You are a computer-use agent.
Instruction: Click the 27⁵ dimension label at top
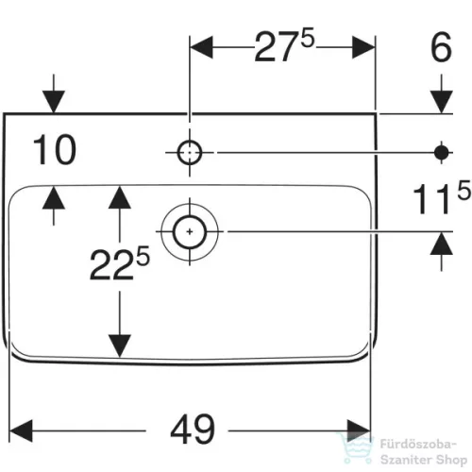pyautogui.click(x=284, y=45)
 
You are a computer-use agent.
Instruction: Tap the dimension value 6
pyautogui.click(x=441, y=47)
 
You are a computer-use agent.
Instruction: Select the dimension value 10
pyautogui.click(x=54, y=149)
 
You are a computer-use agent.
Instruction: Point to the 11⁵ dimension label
pyautogui.click(x=441, y=196)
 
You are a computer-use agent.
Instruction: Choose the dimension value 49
pyautogui.click(x=193, y=430)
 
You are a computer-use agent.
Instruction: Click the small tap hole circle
pyautogui.click(x=190, y=153)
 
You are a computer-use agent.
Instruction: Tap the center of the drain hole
pyautogui.click(x=190, y=232)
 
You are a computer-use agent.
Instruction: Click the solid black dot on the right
pyautogui.click(x=442, y=153)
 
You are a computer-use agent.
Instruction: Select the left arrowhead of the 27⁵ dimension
pyautogui.click(x=201, y=47)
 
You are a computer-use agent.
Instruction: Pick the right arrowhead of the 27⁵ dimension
pyautogui.click(x=363, y=47)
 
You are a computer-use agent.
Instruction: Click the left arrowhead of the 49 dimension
pyautogui.click(x=21, y=430)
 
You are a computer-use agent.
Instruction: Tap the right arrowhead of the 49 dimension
pyautogui.click(x=359, y=430)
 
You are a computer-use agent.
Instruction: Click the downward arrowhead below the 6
pyautogui.click(x=442, y=102)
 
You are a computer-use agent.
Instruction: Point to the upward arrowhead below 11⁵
pyautogui.click(x=442, y=244)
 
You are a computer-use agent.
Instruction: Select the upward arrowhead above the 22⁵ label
pyautogui.click(x=120, y=197)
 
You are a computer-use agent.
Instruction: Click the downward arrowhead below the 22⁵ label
pyautogui.click(x=120, y=346)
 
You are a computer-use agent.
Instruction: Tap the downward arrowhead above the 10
pyautogui.click(x=54, y=102)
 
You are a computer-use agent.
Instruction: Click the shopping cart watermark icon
pyautogui.click(x=355, y=447)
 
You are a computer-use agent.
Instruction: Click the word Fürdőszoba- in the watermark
pyautogui.click(x=418, y=445)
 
